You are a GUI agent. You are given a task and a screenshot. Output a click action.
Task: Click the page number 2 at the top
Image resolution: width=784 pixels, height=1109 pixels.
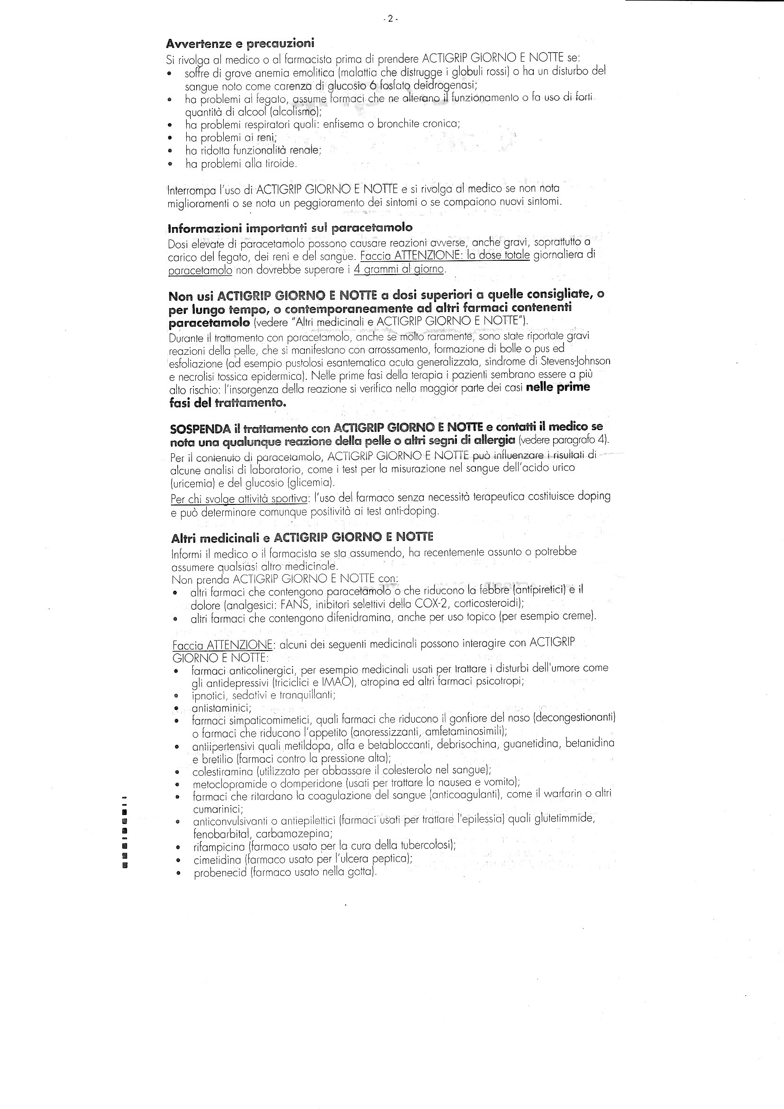coord(390,19)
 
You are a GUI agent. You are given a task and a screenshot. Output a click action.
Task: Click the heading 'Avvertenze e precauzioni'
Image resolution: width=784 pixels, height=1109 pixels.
coord(240,44)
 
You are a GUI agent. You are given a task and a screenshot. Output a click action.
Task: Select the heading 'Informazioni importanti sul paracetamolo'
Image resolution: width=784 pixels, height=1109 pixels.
coord(290,228)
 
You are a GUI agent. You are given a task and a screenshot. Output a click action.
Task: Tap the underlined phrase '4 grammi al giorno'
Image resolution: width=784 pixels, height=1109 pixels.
coord(399,269)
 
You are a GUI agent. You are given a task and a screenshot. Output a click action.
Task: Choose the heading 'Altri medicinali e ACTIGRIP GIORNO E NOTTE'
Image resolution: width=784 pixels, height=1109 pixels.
coord(302,537)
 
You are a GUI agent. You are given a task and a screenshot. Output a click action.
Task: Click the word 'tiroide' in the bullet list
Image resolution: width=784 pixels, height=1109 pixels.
coord(280,164)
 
